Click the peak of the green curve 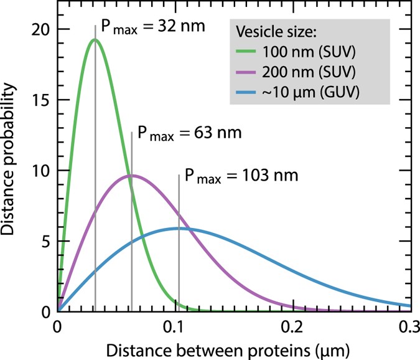[x=95, y=40]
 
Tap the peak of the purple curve [x=131, y=176]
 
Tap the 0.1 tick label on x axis [x=175, y=326]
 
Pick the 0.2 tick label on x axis [x=292, y=326]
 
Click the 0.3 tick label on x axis [x=408, y=326]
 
